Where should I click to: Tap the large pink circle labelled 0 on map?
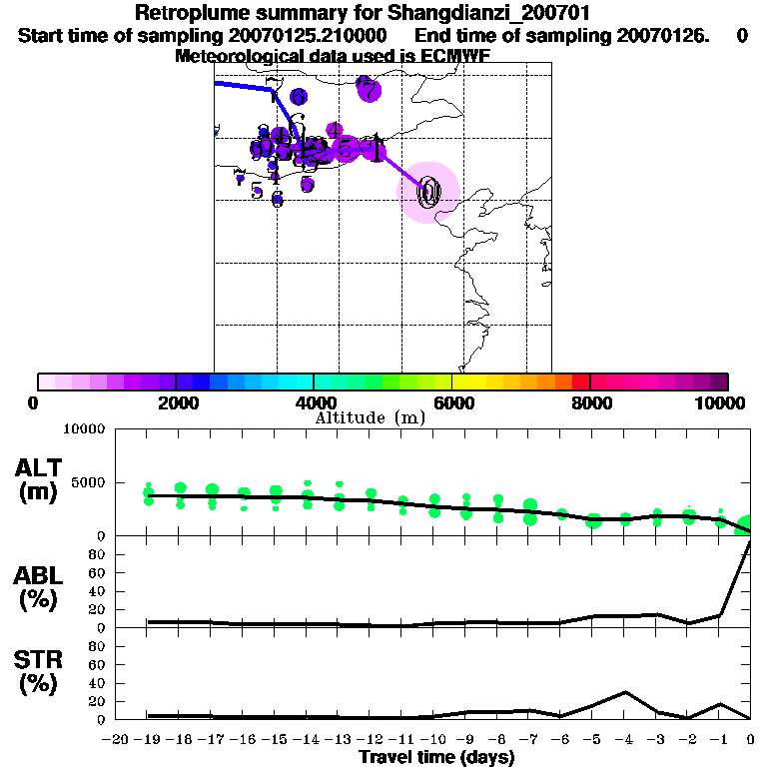point(429,192)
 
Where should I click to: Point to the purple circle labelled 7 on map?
point(369,89)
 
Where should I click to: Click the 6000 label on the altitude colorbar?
point(451,402)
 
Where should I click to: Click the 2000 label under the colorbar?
point(175,402)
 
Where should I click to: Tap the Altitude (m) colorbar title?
point(370,417)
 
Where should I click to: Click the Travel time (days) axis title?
point(436,758)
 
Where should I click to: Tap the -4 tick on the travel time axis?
point(624,740)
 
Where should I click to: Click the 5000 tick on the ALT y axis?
point(87,482)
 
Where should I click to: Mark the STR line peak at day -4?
point(625,691)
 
